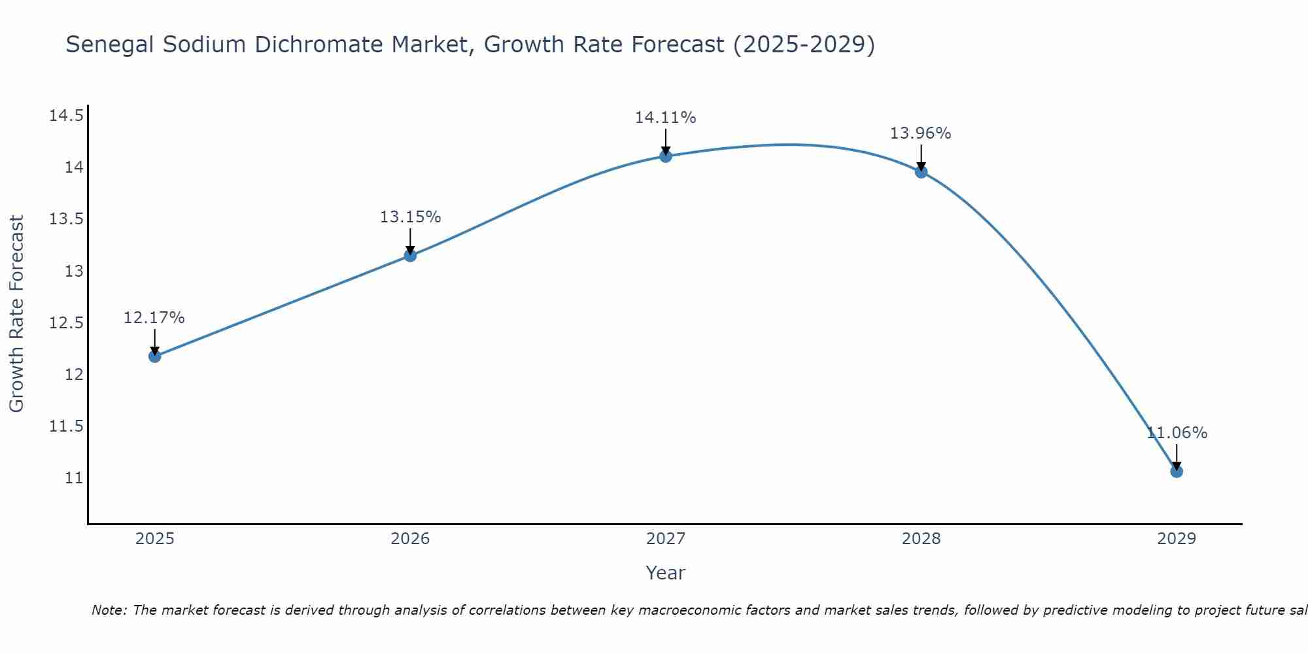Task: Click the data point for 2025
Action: pyautogui.click(x=155, y=356)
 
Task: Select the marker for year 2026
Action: pyautogui.click(x=410, y=256)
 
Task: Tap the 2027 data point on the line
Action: pyautogui.click(x=666, y=156)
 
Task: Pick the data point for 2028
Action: pyautogui.click(x=921, y=172)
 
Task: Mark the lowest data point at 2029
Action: pyautogui.click(x=1177, y=472)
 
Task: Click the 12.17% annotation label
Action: pyautogui.click(x=154, y=318)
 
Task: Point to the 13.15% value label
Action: pyautogui.click(x=410, y=217)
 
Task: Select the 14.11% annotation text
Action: pyautogui.click(x=665, y=118)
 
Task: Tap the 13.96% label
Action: pyautogui.click(x=920, y=133)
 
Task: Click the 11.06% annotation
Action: pyautogui.click(x=1177, y=433)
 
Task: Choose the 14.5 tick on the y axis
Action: pyautogui.click(x=66, y=116)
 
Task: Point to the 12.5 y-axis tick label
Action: pyautogui.click(x=66, y=323)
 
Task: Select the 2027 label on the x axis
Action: pyautogui.click(x=665, y=539)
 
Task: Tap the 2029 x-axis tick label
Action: pyautogui.click(x=1176, y=539)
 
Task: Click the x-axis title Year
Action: pyautogui.click(x=665, y=573)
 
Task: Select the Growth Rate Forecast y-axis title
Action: pyautogui.click(x=16, y=314)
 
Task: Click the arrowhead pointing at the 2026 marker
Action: pyautogui.click(x=410, y=249)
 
